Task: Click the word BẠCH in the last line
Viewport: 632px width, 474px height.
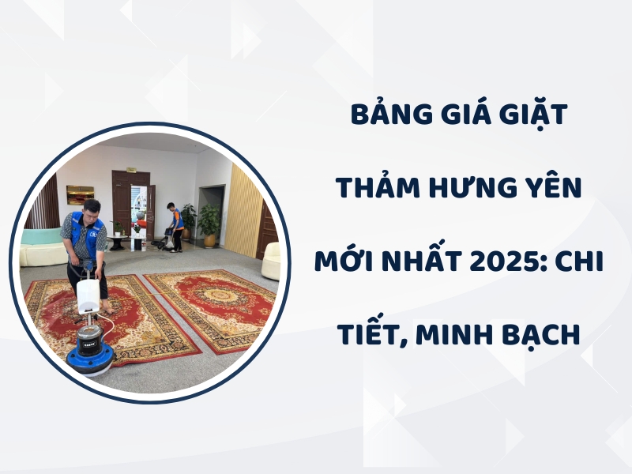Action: pyautogui.click(x=540, y=334)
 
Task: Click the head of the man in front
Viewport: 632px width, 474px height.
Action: pyautogui.click(x=91, y=209)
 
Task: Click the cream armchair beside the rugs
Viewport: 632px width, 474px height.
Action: pyautogui.click(x=271, y=261)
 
